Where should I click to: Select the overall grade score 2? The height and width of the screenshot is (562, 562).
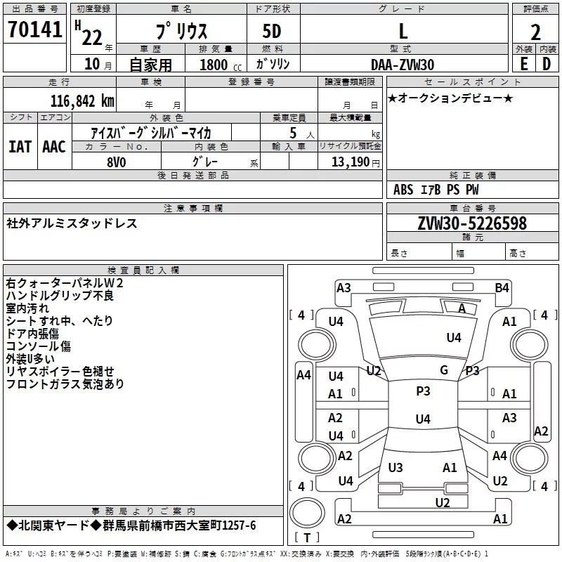coord(535,32)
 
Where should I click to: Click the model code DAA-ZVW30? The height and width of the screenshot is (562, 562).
coord(403,65)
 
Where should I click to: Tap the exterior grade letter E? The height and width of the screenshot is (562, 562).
coord(523,64)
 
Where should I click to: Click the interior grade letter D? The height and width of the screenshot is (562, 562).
coord(547,64)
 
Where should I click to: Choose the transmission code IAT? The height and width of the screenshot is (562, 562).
coord(20,147)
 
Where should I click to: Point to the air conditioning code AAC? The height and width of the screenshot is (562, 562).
coord(53,147)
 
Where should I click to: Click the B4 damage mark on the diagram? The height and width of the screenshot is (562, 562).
coord(502,287)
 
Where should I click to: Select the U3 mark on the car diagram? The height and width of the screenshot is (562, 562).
coord(396,467)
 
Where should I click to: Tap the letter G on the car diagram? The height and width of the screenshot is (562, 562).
coord(444,370)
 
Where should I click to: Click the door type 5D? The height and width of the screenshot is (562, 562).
coord(272,31)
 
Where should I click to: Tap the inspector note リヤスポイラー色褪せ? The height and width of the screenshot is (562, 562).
coord(60,372)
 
